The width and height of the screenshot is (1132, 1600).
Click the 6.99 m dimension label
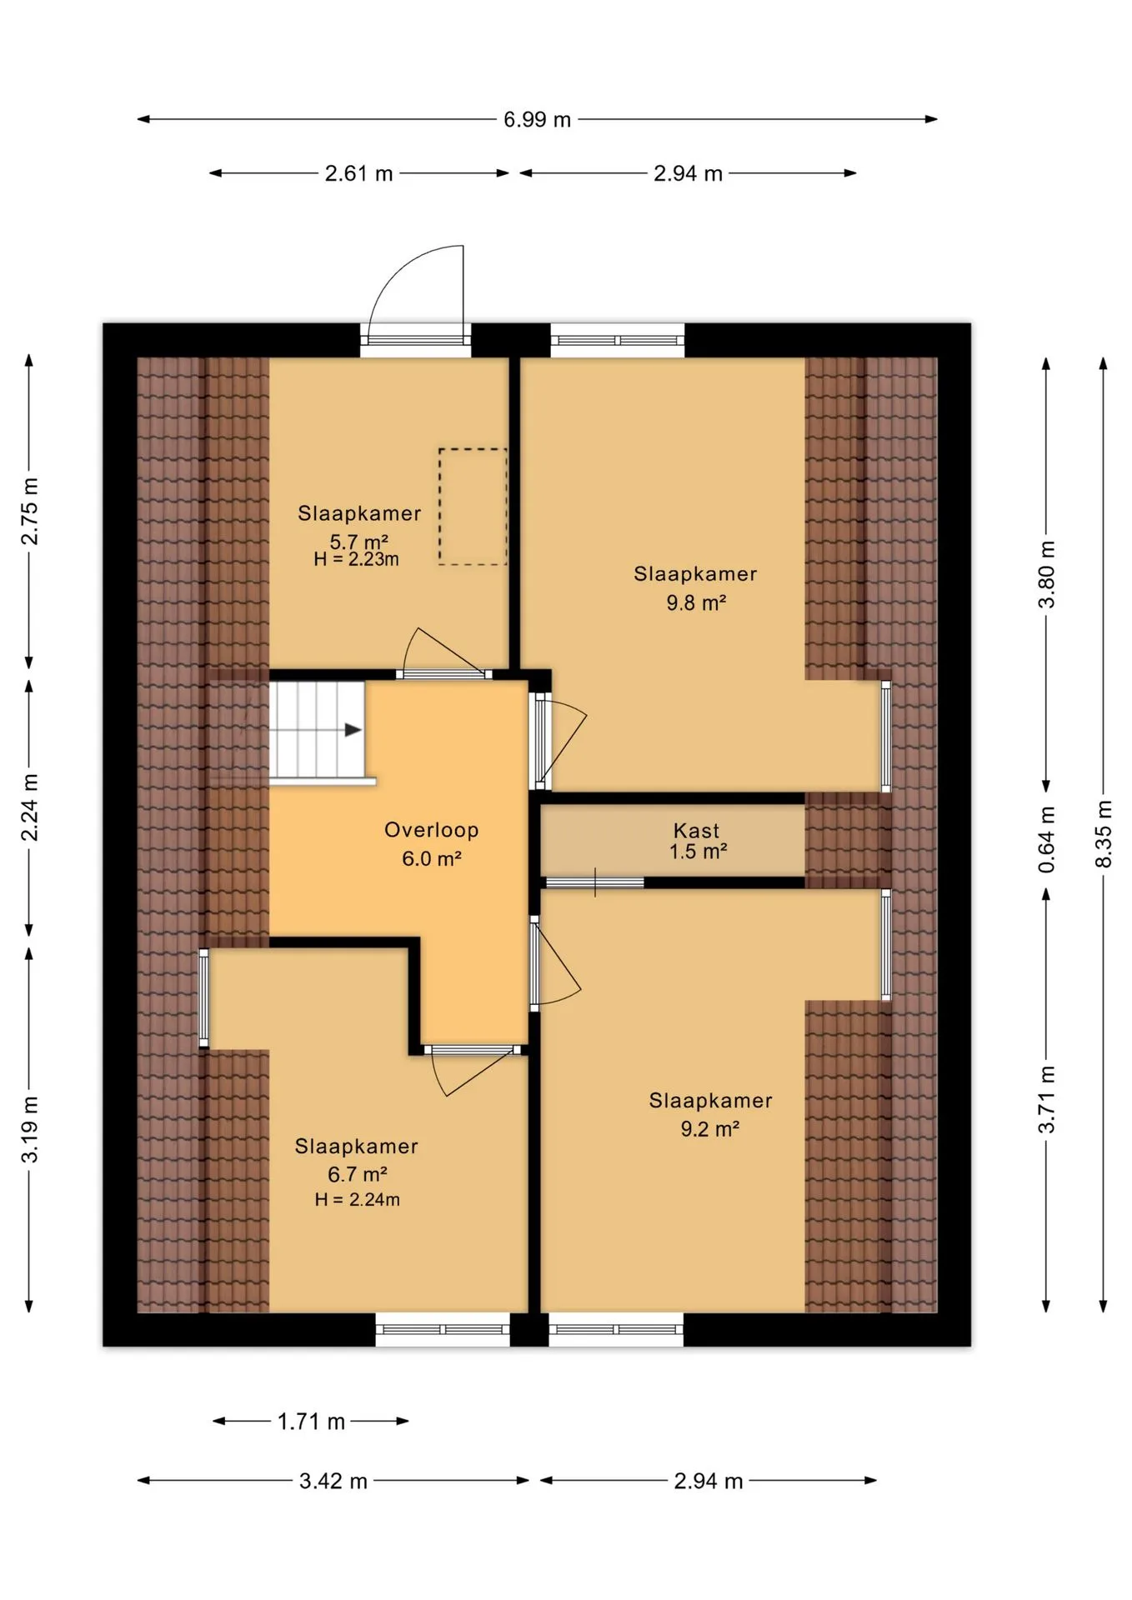[537, 120]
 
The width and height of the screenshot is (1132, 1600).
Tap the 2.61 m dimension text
[358, 173]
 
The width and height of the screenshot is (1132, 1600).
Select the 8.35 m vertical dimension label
[1103, 833]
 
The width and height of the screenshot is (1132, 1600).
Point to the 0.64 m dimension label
[1047, 840]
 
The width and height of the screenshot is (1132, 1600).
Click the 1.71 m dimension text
[311, 1422]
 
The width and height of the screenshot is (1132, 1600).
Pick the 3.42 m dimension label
[333, 1481]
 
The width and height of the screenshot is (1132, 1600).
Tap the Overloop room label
[431, 830]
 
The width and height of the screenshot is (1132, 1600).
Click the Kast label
[696, 831]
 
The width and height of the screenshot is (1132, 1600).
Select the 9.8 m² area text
[696, 602]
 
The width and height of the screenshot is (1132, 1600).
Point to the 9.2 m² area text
[710, 1129]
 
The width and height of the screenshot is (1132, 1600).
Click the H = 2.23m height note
[356, 559]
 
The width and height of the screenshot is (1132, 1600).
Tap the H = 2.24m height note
[357, 1200]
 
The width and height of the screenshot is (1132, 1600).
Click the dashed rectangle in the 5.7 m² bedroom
[473, 507]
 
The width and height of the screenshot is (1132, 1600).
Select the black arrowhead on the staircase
[353, 730]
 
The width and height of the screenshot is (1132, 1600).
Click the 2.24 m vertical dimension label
[29, 807]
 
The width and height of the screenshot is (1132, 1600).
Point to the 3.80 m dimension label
[1047, 575]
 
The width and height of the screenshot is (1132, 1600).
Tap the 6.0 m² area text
[432, 859]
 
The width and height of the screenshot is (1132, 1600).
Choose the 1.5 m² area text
[699, 852]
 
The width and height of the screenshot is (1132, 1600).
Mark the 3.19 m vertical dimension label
[29, 1129]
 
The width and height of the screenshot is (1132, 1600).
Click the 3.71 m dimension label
[1047, 1099]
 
